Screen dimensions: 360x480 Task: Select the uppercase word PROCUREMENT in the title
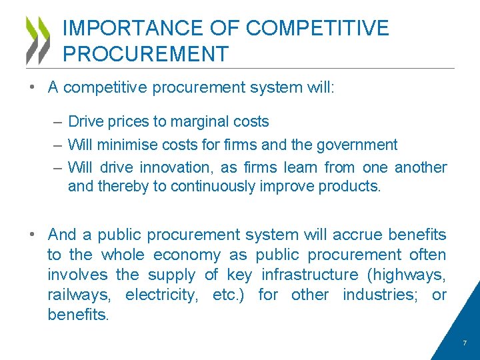[x=145, y=54]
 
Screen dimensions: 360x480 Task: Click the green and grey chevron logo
[x=37, y=40]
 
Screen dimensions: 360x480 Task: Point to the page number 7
[x=465, y=343]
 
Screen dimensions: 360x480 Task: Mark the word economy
[x=187, y=255]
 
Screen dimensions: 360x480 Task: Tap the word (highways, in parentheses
[x=407, y=275]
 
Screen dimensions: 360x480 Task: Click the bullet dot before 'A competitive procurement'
[x=32, y=88]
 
